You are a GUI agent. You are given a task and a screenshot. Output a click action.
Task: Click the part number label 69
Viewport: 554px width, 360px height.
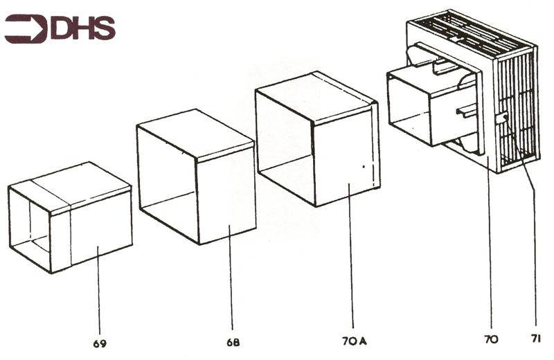coord(100,343)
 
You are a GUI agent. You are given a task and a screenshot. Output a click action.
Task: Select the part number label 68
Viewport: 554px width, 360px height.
coord(233,342)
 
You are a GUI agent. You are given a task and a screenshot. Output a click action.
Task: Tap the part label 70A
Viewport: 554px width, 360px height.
coord(355,341)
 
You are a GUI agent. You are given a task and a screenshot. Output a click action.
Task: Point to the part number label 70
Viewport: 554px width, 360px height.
coord(492,339)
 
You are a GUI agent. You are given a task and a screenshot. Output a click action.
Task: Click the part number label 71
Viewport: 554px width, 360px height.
coord(535,339)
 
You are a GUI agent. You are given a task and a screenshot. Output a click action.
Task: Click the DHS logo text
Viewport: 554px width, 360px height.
coord(83,28)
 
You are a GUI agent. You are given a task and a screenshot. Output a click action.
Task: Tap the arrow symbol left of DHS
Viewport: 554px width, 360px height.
coord(26,28)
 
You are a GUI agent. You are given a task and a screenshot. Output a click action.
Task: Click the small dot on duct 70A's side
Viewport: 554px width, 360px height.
coord(364,165)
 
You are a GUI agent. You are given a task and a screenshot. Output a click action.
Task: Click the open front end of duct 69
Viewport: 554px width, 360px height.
coord(30,229)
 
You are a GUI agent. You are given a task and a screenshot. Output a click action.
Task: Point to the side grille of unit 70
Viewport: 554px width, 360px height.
coord(518,109)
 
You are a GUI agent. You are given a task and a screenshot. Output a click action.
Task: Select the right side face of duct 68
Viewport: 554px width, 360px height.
coord(226,195)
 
